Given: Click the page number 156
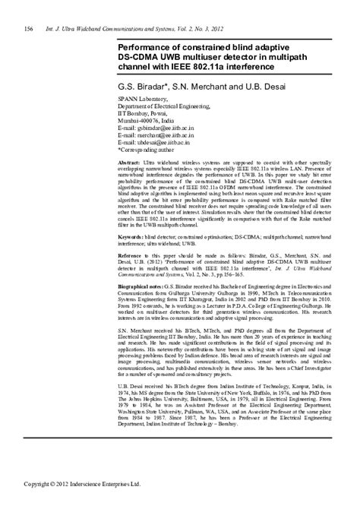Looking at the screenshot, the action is coord(28,29).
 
